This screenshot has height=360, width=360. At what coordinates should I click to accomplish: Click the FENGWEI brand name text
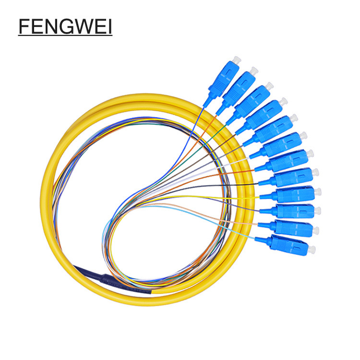coord(65,26)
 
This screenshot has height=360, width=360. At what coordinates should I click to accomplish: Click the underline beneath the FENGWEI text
coord(65,36)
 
